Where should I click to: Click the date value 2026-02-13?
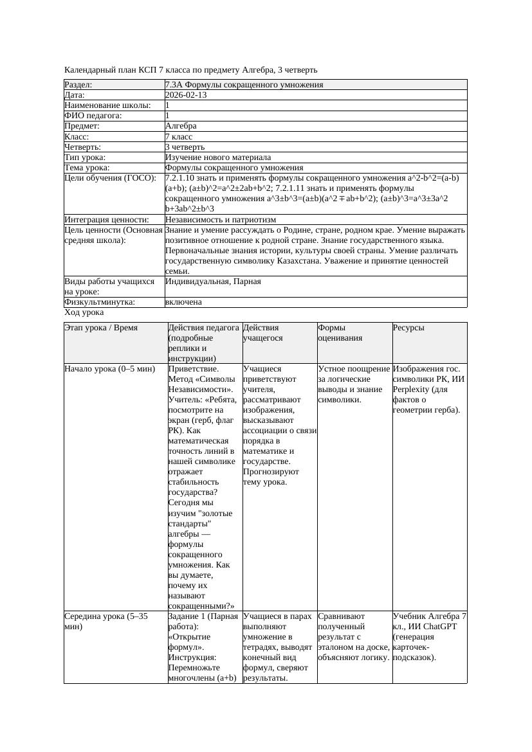point(186,95)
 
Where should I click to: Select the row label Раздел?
point(78,85)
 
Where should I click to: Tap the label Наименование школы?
point(108,105)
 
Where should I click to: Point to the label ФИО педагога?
point(93,116)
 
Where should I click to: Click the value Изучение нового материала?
point(218,157)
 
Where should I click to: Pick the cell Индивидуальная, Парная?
point(213,282)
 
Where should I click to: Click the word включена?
point(183,302)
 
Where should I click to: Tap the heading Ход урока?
point(84,312)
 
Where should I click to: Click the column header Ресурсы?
point(408,328)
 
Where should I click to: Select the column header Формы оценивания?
point(340,333)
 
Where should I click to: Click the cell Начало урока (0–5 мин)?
point(110,370)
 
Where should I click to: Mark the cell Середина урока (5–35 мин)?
point(106,622)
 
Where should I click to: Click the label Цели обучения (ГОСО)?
point(110,178)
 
